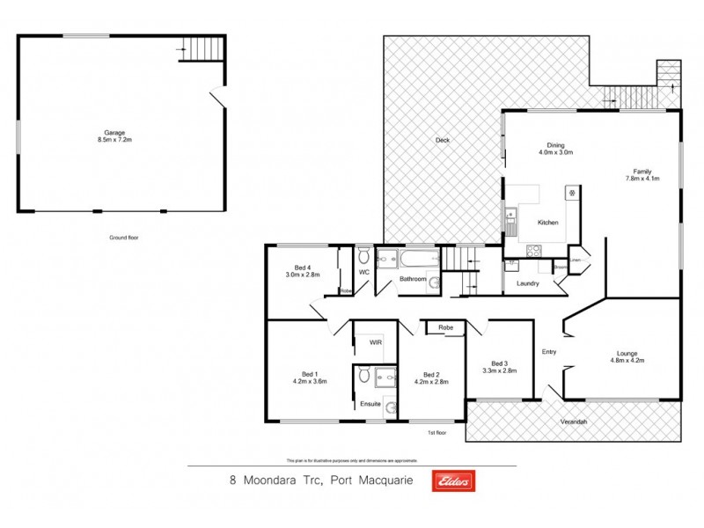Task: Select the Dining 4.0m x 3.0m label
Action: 555,149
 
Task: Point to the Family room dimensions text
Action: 642,179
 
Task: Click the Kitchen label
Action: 548,223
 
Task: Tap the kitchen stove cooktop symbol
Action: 533,250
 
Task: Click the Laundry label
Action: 527,283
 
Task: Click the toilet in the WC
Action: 363,257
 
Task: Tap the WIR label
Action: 375,343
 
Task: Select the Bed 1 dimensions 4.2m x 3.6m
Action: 310,382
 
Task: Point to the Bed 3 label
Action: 500,363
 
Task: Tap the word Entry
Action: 549,352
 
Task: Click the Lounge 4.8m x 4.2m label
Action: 627,356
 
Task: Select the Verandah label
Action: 574,422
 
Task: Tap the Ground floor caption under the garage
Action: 124,238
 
